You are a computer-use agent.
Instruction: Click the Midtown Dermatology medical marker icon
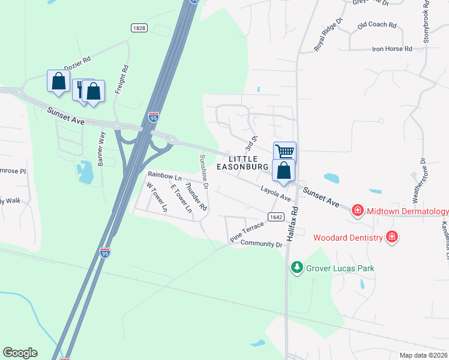click(x=357, y=211)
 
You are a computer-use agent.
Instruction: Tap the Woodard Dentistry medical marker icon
click(x=392, y=237)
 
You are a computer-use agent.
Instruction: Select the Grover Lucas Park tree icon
click(x=296, y=266)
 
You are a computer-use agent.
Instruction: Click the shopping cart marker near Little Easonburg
click(x=285, y=151)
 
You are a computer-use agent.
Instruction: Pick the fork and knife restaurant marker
click(x=82, y=89)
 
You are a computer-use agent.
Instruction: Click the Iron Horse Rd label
click(x=392, y=49)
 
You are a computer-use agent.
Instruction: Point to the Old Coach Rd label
click(x=377, y=25)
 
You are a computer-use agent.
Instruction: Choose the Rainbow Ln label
click(x=164, y=177)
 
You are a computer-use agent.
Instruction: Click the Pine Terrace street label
click(x=247, y=233)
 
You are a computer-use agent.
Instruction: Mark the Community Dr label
click(x=261, y=244)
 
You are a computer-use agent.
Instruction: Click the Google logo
click(x=20, y=353)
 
